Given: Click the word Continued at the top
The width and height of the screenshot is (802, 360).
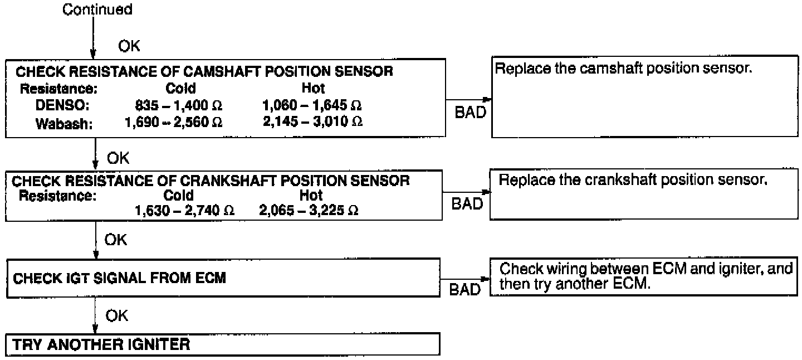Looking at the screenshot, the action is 97,9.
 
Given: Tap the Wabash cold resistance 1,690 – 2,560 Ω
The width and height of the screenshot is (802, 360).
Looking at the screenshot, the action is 174,121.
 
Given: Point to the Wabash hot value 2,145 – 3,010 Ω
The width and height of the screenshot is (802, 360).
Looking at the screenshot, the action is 313,121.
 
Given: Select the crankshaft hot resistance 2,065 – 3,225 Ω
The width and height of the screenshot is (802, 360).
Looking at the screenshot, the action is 308,210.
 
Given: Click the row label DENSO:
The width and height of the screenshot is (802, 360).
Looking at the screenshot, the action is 55,105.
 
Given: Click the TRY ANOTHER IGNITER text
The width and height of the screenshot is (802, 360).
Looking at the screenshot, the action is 101,344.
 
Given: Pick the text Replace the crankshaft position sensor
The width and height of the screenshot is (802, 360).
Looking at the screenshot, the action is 633,181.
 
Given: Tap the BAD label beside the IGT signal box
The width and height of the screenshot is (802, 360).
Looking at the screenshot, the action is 464,290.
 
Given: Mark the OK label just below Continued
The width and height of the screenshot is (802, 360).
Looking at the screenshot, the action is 129,46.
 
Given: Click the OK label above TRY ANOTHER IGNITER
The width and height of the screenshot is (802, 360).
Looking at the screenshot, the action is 116,316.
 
